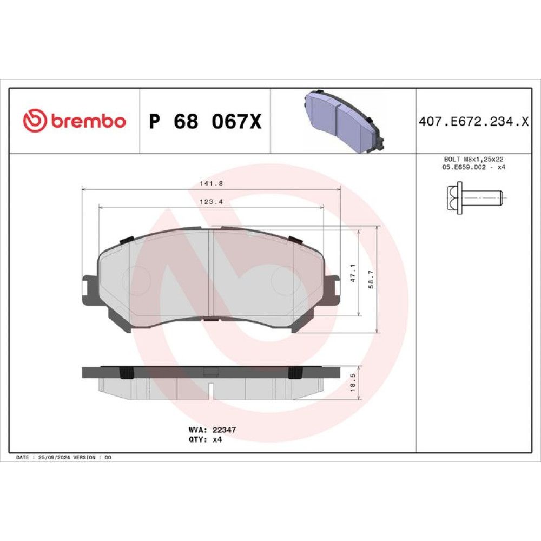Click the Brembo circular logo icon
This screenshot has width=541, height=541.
pyautogui.click(x=35, y=121)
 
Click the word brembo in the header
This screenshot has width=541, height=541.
pyautogui.click(x=89, y=121)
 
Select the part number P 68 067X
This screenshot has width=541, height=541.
pyautogui.click(x=205, y=121)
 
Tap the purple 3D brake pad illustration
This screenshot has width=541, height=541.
pyautogui.click(x=344, y=121)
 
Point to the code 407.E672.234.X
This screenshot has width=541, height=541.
pyautogui.click(x=474, y=121)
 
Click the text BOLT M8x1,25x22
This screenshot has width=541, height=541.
pyautogui.click(x=473, y=160)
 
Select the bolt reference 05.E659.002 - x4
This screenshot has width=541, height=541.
pyautogui.click(x=473, y=167)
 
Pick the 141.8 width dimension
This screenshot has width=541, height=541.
pyautogui.click(x=211, y=184)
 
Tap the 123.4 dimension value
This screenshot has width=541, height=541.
pyautogui.click(x=211, y=202)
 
